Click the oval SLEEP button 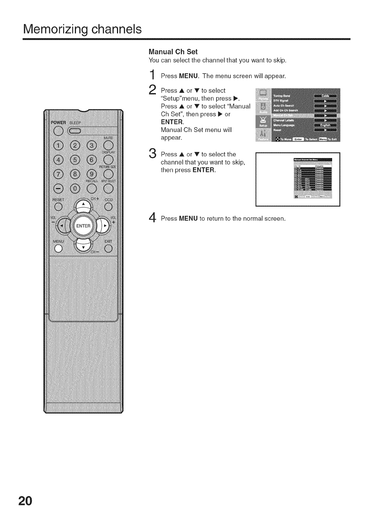pos(75,131)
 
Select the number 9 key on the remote pos(92,174)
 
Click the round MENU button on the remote pos(58,249)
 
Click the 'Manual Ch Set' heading pos(173,51)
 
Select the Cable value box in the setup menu pos(325,96)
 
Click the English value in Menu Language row pos(325,125)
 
